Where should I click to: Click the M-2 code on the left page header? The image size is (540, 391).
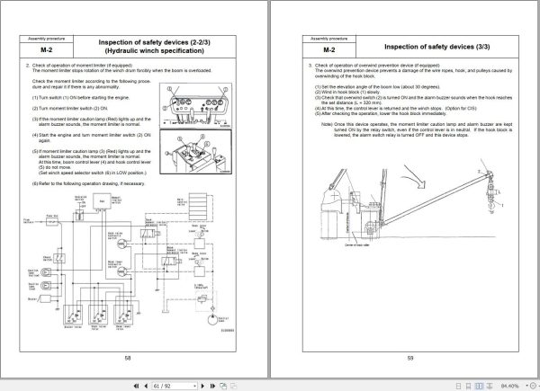(38, 50)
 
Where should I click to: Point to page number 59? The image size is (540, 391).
(409, 358)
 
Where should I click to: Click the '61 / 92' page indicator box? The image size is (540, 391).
(164, 383)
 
